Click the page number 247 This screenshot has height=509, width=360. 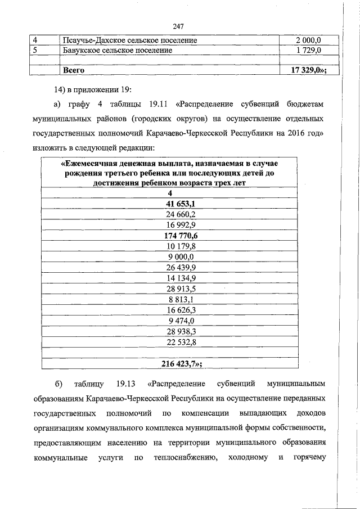(x=179, y=26)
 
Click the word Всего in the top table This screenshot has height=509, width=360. (x=74, y=70)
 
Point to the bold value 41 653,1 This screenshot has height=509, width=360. (x=181, y=204)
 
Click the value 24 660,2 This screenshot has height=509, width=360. (x=181, y=214)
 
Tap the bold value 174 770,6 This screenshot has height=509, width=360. (x=181, y=236)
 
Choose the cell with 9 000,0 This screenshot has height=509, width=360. (x=181, y=256)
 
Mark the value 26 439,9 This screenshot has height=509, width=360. (x=181, y=267)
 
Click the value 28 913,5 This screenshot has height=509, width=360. (x=181, y=288)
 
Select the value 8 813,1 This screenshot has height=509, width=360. (x=181, y=299)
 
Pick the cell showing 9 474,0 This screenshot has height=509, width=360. (x=181, y=320)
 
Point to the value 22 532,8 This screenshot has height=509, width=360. (x=181, y=341)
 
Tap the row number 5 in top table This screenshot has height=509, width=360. (x=35, y=51)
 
